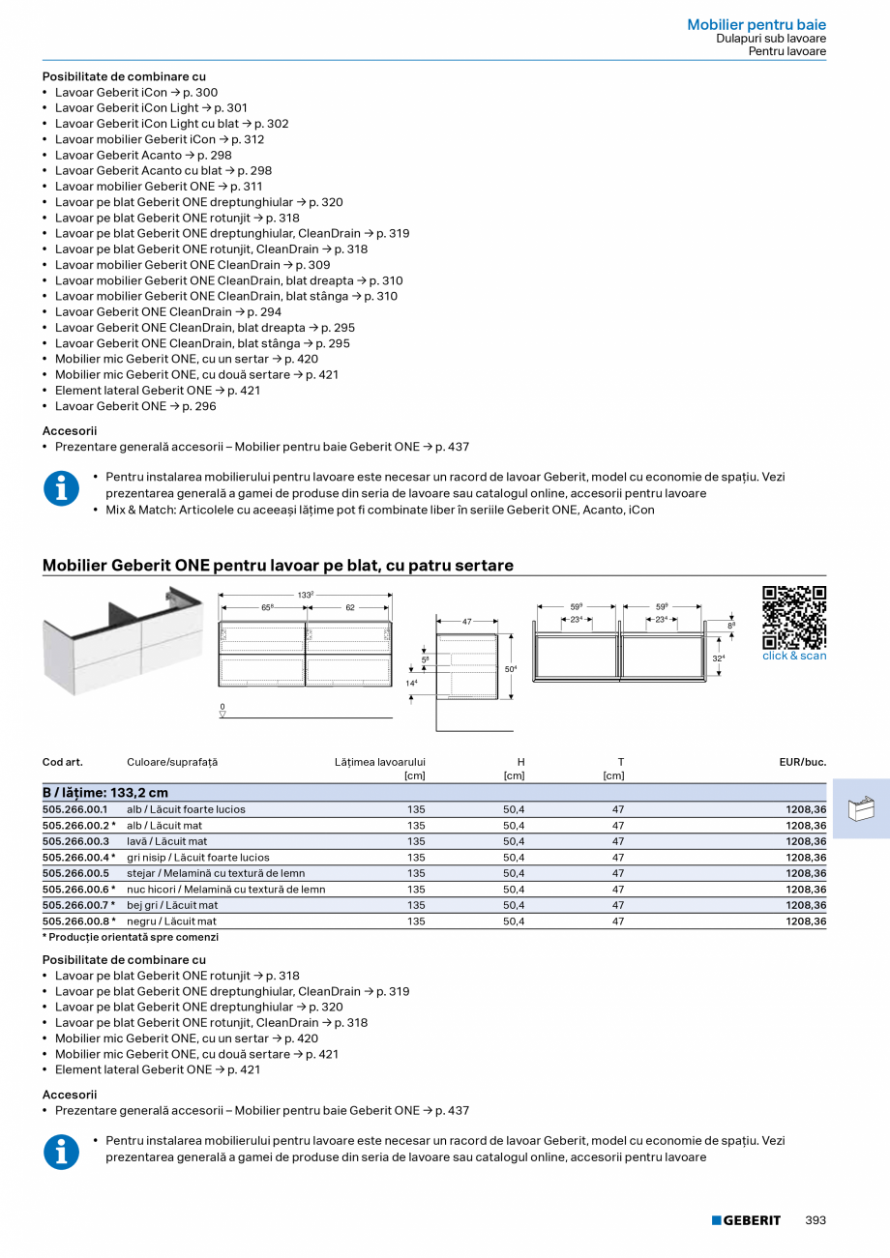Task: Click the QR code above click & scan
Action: [x=794, y=617]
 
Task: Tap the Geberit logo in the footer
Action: [x=746, y=1220]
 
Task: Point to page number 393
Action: [x=816, y=1220]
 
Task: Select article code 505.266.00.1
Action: [x=75, y=809]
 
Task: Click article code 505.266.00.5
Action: [x=75, y=873]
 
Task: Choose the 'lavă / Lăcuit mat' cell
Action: [x=166, y=841]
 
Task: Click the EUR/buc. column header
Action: [x=802, y=762]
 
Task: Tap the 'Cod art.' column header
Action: [x=63, y=762]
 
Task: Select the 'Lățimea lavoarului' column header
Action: [x=379, y=762]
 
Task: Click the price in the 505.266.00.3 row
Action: [x=806, y=841]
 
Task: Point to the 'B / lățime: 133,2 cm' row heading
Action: [x=105, y=793]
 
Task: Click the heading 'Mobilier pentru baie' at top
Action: [x=756, y=25]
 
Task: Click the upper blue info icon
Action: [x=62, y=488]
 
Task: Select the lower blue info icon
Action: [x=62, y=1151]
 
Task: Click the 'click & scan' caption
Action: [x=794, y=656]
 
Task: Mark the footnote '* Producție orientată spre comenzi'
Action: [x=131, y=937]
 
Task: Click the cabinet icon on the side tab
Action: [x=860, y=808]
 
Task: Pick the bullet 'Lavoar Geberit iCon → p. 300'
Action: [x=136, y=92]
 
